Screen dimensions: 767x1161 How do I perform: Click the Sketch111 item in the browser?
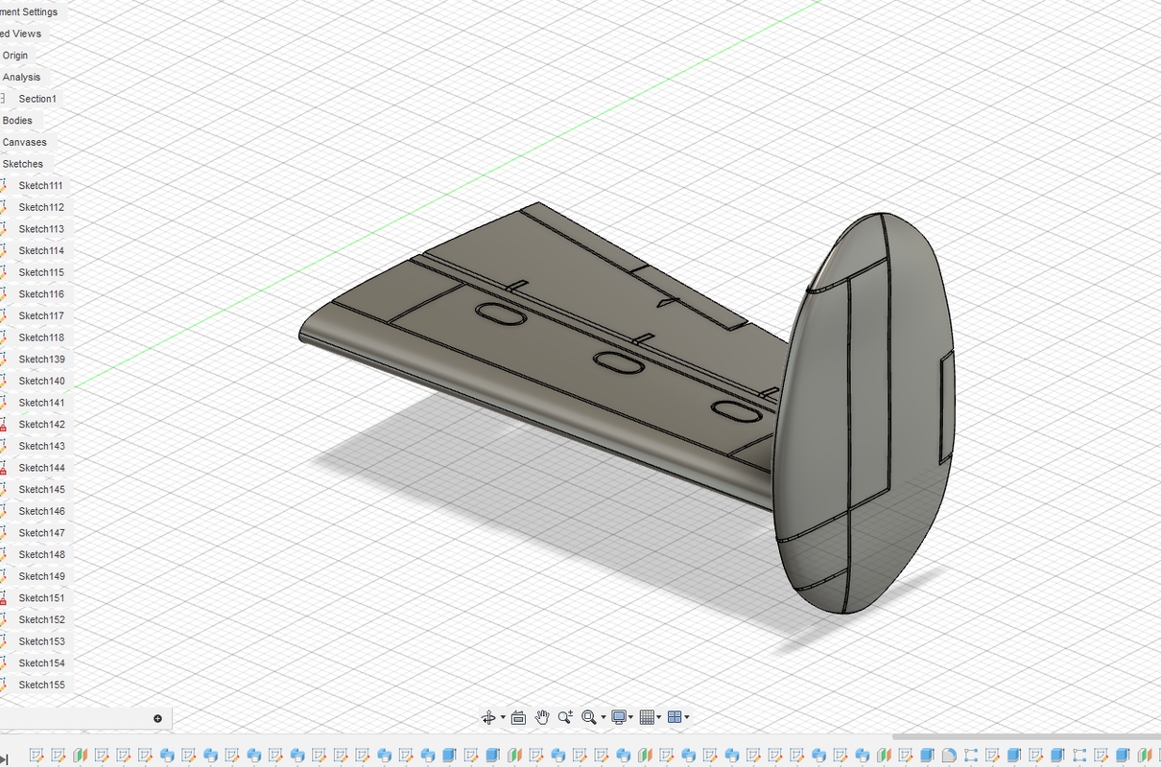[x=40, y=185]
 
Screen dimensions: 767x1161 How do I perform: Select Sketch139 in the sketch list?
[x=41, y=359]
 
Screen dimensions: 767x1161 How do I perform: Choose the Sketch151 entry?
[x=41, y=597]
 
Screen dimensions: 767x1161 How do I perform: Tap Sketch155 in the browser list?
[x=41, y=685]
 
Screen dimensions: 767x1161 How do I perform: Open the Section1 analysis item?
[x=37, y=99]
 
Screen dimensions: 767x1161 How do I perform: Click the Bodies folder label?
[x=17, y=121]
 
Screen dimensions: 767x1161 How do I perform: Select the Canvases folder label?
[x=24, y=142]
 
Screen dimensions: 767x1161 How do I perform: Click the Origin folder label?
[x=15, y=56]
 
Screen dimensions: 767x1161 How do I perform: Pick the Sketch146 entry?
[x=41, y=511]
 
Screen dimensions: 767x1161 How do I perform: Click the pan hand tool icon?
[x=542, y=717]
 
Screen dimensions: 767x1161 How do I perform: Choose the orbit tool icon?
[x=488, y=717]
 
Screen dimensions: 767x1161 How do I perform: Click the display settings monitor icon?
[x=619, y=717]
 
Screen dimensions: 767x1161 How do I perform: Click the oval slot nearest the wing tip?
[x=500, y=314]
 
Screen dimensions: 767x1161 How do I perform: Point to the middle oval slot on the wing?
[x=618, y=362]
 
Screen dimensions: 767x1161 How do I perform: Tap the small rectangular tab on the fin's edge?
[x=948, y=404]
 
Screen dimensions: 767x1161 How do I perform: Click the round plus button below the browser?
[x=157, y=718]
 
